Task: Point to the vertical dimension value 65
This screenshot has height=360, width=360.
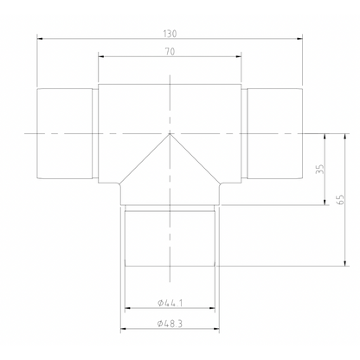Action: point(340,199)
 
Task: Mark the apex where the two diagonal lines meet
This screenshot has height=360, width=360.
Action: point(170,134)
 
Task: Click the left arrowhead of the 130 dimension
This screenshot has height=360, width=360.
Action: point(40,37)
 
